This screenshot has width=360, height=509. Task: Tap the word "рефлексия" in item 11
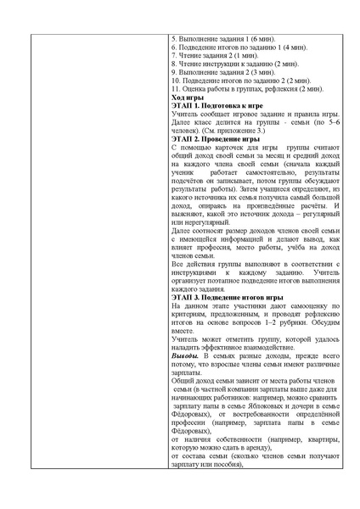tap(279, 88)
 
